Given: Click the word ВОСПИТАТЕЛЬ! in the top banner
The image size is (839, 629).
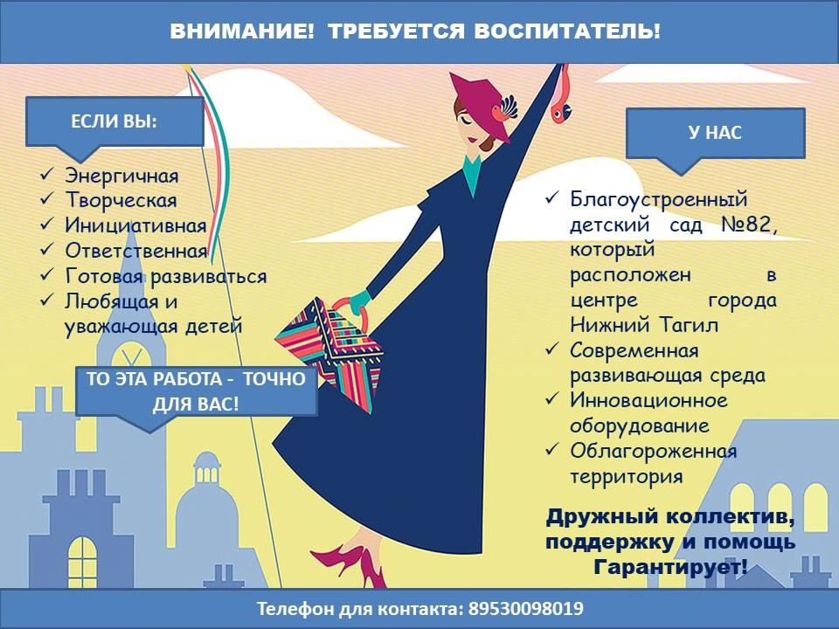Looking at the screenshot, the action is (567, 31).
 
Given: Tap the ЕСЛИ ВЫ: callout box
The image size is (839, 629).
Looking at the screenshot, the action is (114, 122).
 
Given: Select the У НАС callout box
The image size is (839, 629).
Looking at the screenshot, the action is (716, 134).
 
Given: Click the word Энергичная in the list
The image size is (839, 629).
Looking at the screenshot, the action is (122, 176).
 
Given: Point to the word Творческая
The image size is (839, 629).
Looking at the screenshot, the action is (121, 201).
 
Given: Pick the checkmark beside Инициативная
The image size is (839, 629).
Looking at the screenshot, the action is (47, 224).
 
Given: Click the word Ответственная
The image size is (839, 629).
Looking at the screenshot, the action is (136, 251).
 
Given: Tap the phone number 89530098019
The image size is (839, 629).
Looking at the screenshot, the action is (526, 609).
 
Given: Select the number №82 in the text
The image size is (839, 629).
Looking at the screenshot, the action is (749, 225).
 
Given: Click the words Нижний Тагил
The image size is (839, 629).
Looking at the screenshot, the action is (644, 325).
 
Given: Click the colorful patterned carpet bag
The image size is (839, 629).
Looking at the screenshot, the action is (329, 353).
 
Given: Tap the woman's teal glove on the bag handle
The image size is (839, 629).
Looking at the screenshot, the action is (360, 301).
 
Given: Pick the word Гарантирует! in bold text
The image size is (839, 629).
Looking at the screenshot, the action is (670, 567).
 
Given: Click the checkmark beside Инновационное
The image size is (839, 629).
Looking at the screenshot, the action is (551, 399).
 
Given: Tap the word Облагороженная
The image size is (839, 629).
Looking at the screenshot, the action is (654, 451).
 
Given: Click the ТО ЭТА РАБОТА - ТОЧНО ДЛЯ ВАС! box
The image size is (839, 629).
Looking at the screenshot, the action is (197, 391).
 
